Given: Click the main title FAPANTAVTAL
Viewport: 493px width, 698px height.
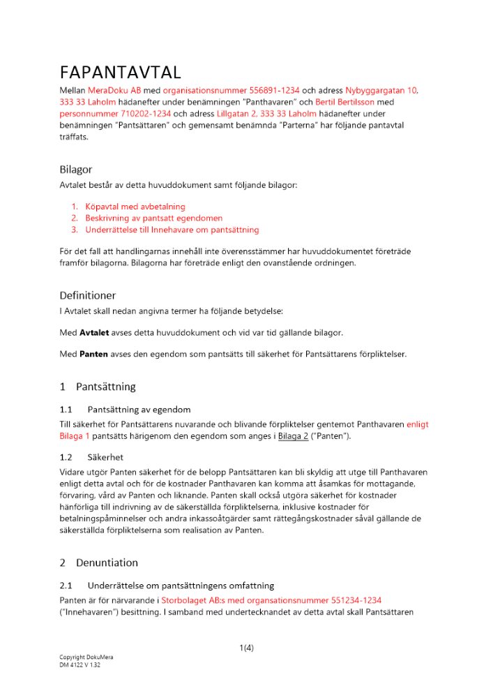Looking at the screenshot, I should click(x=121, y=73).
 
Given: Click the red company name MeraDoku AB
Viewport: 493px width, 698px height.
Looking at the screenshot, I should click(x=114, y=91).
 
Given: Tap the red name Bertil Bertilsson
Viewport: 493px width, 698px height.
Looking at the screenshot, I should click(x=345, y=102).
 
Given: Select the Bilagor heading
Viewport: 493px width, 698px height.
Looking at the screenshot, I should click(x=75, y=170).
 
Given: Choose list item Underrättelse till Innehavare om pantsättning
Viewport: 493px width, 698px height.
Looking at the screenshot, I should click(x=172, y=230).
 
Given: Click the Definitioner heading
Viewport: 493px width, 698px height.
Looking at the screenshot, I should click(x=88, y=295).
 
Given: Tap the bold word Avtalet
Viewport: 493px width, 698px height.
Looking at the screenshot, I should click(x=94, y=332).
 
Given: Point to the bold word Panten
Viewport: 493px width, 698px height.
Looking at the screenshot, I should click(x=93, y=355).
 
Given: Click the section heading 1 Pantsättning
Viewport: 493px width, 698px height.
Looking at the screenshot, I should click(x=98, y=387).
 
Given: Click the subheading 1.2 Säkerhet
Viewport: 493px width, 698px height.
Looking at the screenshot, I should click(x=91, y=458).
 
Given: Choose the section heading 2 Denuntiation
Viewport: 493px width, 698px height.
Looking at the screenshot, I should click(x=99, y=563).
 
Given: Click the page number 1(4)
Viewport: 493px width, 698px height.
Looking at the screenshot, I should click(x=246, y=648).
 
